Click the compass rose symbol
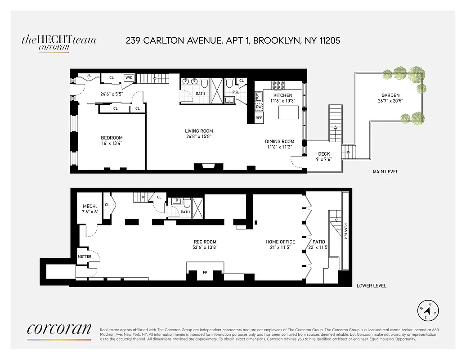[x=428, y=310]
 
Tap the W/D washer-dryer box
[x=129, y=77]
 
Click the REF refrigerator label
[x=259, y=118]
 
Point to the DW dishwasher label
[x=259, y=107]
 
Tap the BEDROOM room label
[x=112, y=138]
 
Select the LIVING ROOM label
[x=199, y=131]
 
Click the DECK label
[x=324, y=154]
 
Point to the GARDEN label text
[x=390, y=95]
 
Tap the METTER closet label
[x=85, y=256]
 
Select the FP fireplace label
[x=205, y=272]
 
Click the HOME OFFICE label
[x=280, y=242]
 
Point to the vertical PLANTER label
[x=345, y=231]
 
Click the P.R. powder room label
[x=235, y=92]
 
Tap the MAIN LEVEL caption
[x=385, y=171]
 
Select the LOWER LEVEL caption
[x=371, y=286]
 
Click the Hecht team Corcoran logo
[x=58, y=43]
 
